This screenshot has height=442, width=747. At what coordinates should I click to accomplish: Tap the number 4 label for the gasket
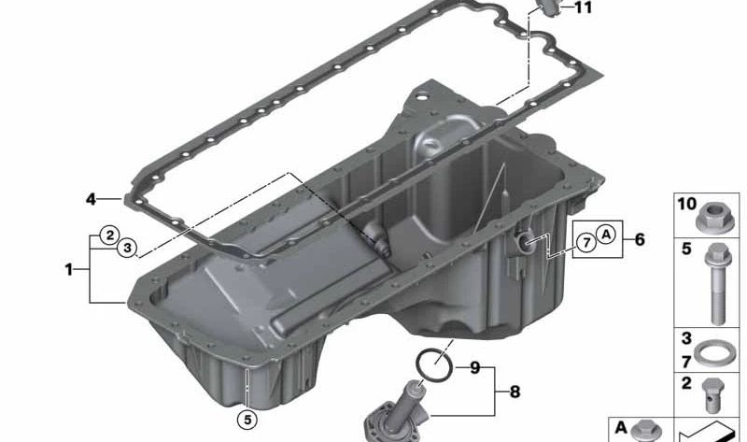click(91, 199)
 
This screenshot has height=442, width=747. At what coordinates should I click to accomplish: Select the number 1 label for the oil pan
click(69, 269)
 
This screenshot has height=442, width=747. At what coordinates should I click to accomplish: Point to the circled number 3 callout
click(128, 249)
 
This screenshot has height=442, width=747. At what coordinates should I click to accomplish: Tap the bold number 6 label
click(640, 239)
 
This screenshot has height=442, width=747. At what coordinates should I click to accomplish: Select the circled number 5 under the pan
click(246, 420)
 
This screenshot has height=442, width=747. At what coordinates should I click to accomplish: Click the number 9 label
click(473, 368)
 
